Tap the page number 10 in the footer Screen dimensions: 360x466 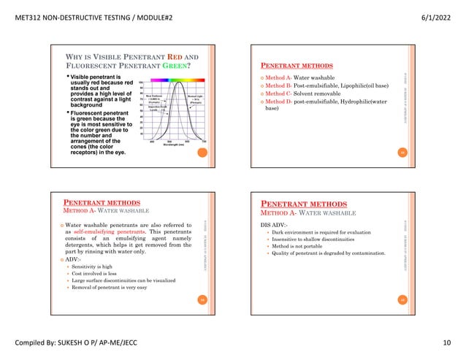446,342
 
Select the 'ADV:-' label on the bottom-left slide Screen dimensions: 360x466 73,259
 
